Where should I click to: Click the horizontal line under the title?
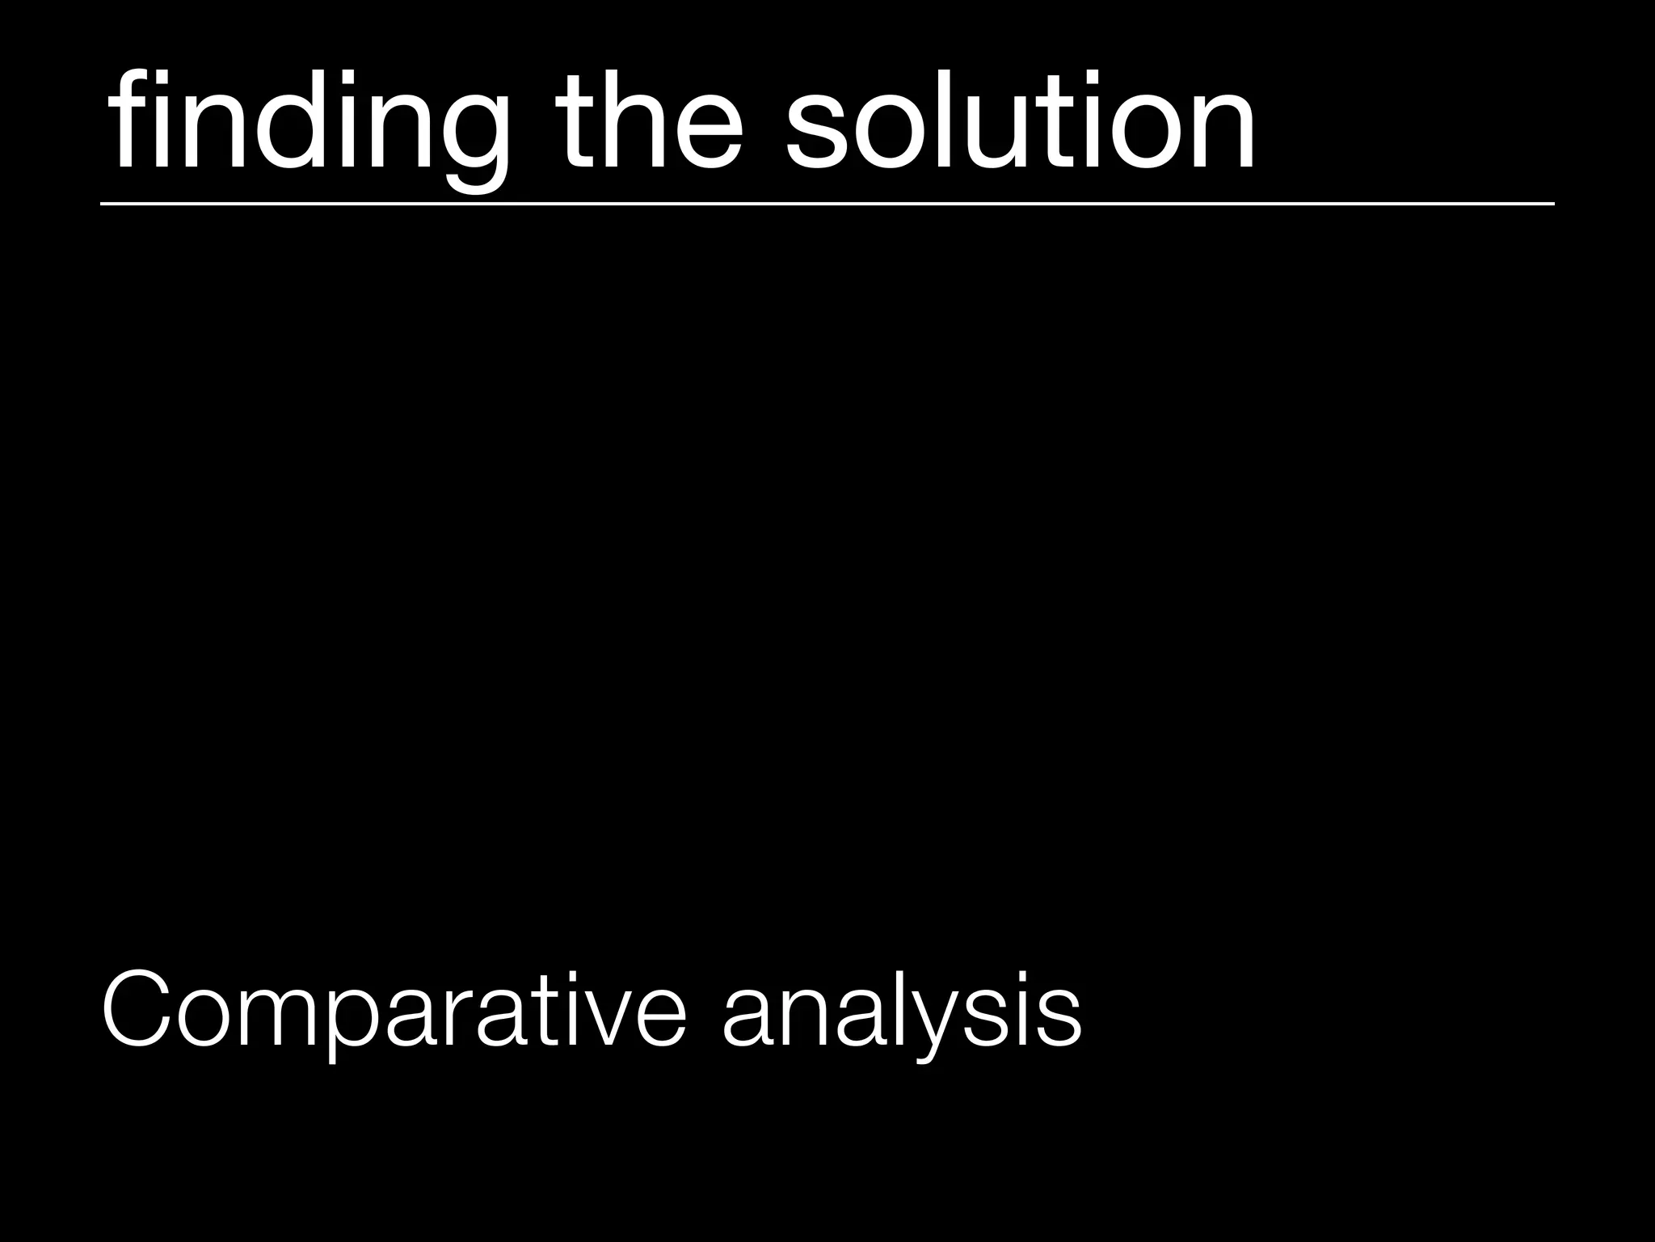coord(827,204)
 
